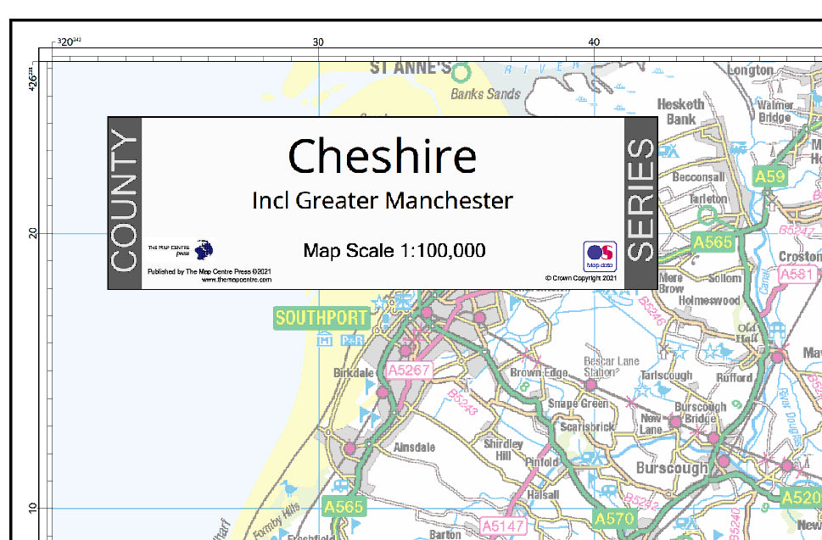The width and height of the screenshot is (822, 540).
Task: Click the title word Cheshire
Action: [x=382, y=157]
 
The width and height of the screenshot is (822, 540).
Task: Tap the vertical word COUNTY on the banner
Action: [x=124, y=203]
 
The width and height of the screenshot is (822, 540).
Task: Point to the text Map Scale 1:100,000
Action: [x=394, y=251]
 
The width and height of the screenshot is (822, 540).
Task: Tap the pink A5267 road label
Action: [x=410, y=370]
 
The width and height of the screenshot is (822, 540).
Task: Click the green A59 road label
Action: [x=770, y=176]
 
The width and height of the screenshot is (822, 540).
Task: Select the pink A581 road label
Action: [x=797, y=275]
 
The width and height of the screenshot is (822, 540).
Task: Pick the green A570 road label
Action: [x=613, y=518]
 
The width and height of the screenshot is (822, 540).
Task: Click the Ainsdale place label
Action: [x=415, y=447]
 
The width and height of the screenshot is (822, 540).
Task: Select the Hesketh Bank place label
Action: [x=681, y=111]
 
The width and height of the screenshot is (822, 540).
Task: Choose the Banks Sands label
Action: [x=485, y=94]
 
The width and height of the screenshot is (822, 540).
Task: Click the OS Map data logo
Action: [x=599, y=255]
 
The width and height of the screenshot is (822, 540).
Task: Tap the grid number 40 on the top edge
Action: [x=594, y=42]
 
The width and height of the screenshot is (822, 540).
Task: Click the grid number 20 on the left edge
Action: [x=34, y=233]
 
